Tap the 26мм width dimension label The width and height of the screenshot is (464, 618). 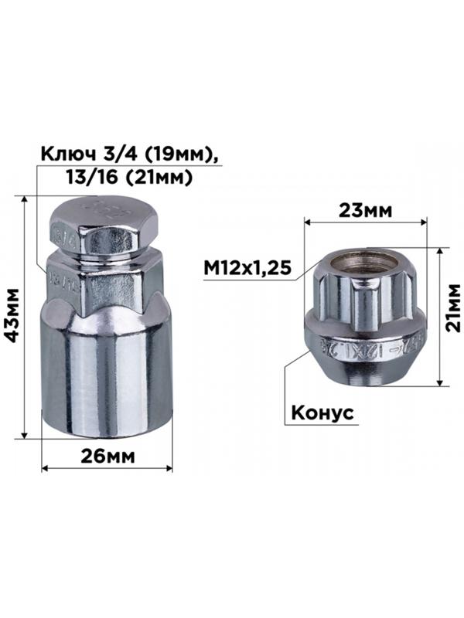coord(107,456)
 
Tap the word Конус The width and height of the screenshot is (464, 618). coord(322,413)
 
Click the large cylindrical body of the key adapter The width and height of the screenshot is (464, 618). coord(107,379)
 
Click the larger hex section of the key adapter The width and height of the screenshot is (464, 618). coord(107,282)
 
